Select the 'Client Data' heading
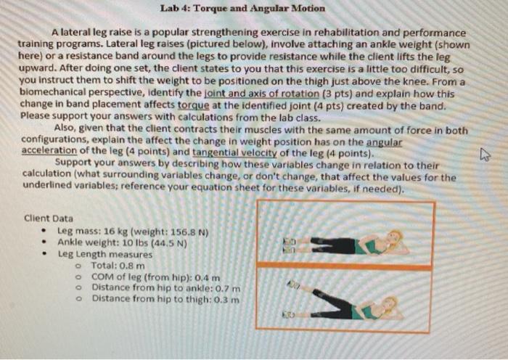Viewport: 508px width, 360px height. tap(48, 218)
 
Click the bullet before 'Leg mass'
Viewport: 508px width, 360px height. tap(45, 233)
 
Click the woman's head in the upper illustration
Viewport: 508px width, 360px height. tap(395, 238)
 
